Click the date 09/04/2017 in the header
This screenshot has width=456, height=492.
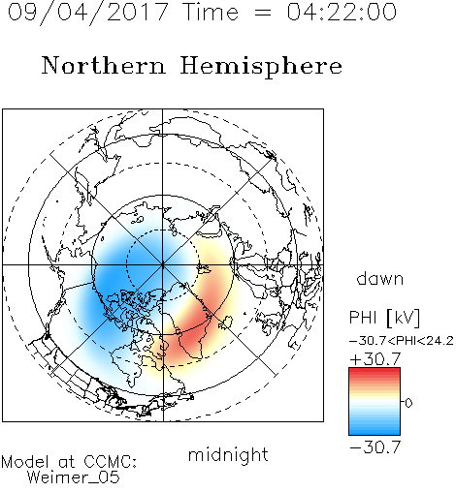(x=87, y=13)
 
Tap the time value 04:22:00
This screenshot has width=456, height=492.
(x=342, y=12)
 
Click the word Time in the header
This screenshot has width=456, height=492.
(x=211, y=12)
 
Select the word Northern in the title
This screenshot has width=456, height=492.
(x=104, y=66)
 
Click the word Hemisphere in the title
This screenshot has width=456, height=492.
(x=261, y=67)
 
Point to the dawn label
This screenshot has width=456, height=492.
(x=380, y=279)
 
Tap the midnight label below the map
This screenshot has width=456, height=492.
(x=228, y=454)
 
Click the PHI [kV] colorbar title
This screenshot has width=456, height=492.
(x=384, y=318)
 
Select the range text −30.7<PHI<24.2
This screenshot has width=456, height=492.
(x=402, y=341)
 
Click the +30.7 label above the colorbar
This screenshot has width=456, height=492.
(x=375, y=358)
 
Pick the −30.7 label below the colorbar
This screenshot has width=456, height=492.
(x=375, y=447)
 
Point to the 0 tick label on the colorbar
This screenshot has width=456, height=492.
(x=408, y=403)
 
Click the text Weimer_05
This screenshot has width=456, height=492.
(x=74, y=477)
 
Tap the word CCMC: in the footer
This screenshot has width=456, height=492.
(x=111, y=462)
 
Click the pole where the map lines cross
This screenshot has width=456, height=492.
(x=162, y=264)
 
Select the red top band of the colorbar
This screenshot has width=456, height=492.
(x=375, y=371)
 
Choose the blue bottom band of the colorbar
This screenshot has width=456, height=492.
(x=375, y=432)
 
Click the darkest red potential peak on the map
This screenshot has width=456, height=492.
(x=191, y=337)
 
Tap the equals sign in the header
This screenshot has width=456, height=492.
(x=263, y=13)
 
